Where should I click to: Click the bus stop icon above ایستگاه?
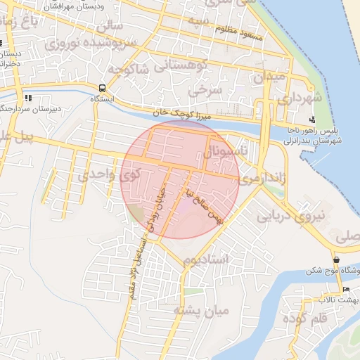coord(103,89)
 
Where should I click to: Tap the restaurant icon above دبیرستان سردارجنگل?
coord(28,98)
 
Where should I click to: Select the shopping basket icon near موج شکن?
coord(337,259)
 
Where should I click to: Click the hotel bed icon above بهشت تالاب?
coord(345,289)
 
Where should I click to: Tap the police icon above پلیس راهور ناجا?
coord(312,120)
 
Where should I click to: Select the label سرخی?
coord(209,89)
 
